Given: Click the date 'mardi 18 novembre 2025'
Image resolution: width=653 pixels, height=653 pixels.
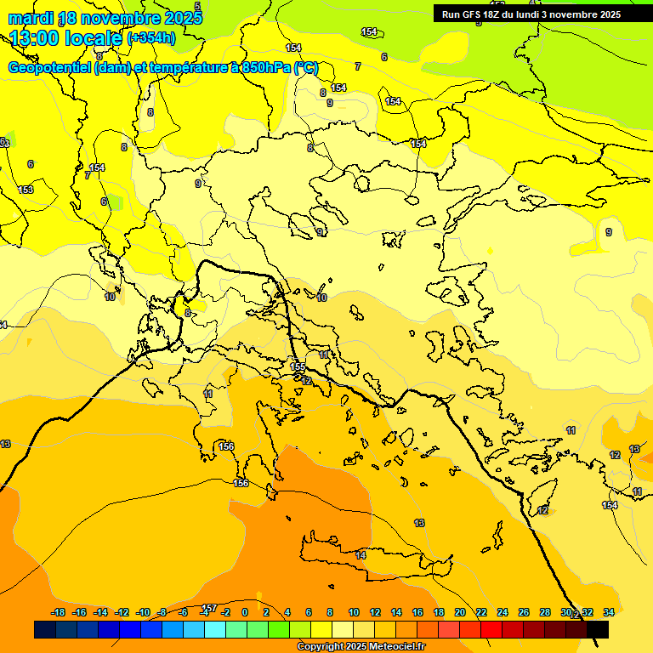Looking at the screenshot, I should point(105,18).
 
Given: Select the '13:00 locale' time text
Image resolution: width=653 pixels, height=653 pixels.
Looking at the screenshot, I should point(66,37).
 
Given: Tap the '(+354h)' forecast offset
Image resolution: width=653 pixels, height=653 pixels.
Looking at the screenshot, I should point(151,38).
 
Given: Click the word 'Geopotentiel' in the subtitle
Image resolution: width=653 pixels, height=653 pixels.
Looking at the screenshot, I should point(49,68).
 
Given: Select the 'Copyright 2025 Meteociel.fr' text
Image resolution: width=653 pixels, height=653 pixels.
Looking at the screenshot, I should point(361,647).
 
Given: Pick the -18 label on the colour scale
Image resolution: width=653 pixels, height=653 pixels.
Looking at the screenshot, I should point(58,612).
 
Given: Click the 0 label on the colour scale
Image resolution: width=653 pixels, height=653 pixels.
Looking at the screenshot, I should point(245,612).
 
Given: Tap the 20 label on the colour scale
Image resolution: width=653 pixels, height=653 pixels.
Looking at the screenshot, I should point(459,612).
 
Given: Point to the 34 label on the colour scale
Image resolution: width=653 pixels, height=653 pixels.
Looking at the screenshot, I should point(609,612).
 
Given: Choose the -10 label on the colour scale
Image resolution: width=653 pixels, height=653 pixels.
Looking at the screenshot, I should point(143,612).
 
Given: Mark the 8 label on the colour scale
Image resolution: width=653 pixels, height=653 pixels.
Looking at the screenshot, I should point(330,612).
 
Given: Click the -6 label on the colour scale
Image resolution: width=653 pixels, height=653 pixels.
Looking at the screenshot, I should point(183,612).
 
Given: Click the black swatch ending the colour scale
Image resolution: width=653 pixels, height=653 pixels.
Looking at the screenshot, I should point(598,629).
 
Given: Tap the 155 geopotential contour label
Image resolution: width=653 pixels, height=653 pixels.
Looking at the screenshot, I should point(298,366).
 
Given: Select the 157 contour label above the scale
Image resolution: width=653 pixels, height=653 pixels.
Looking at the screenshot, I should point(209,607).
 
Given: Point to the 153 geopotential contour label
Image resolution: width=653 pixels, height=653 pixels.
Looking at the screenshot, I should point(26,190).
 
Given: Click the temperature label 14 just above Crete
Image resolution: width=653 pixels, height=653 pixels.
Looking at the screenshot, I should point(361,555).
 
